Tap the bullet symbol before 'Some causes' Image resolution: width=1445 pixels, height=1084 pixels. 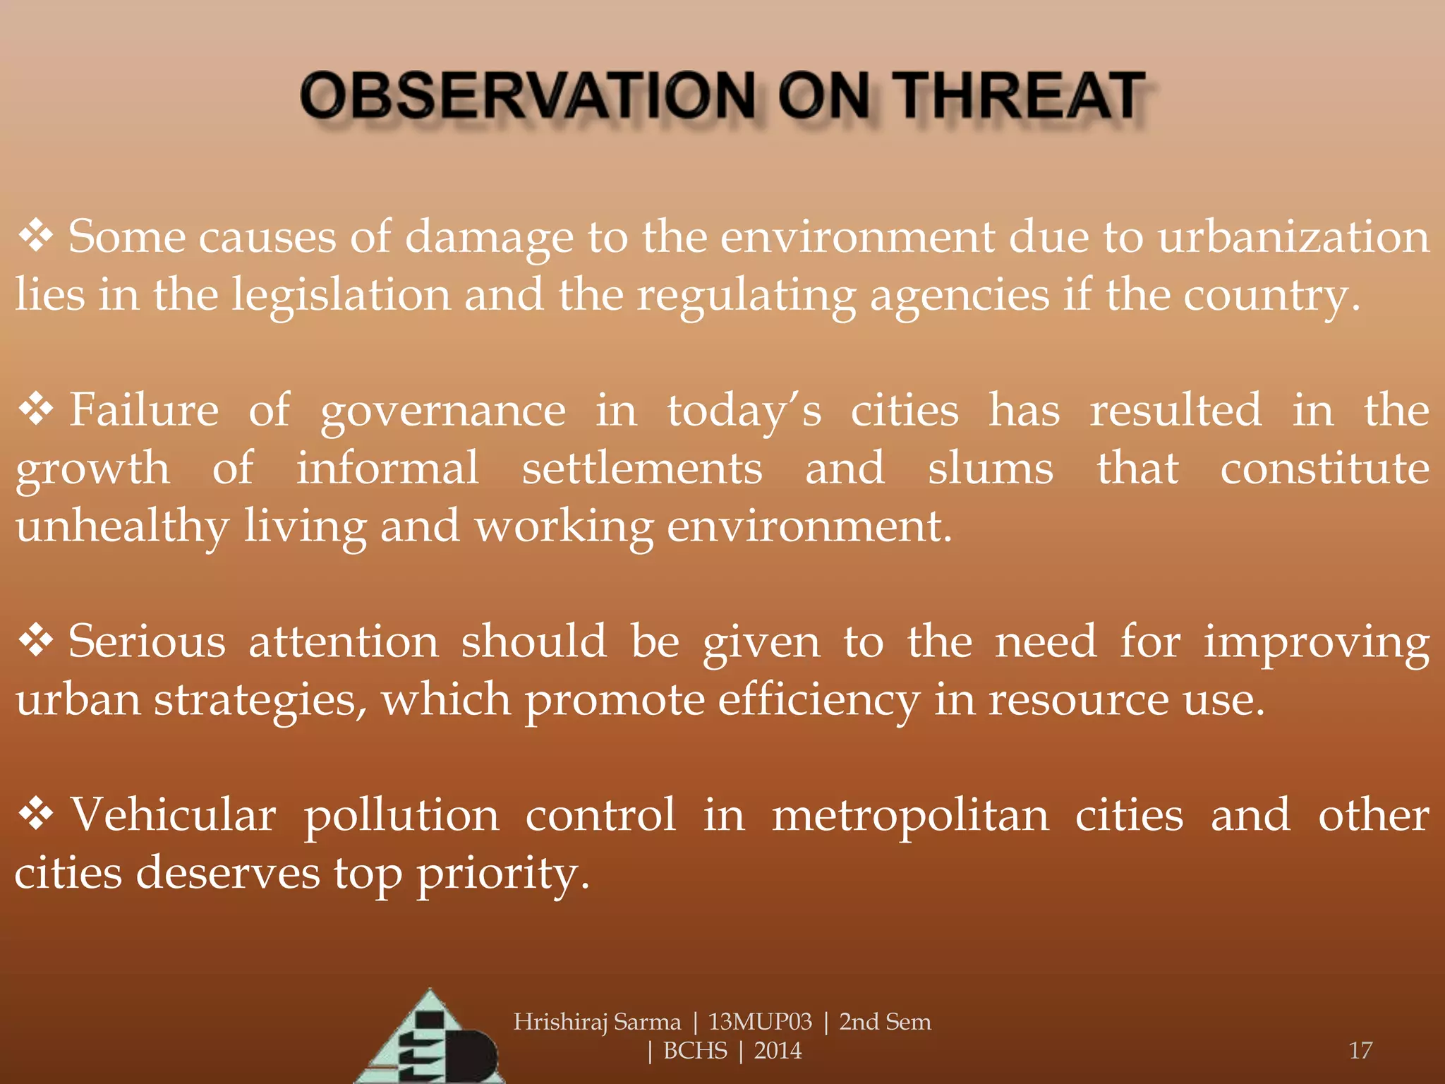tap(36, 236)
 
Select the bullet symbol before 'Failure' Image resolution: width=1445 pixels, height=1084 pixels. tap(36, 410)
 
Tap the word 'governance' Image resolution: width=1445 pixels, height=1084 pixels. tap(443, 411)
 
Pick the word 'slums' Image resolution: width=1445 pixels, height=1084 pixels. tap(991, 469)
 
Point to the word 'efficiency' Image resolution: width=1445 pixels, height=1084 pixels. tap(819, 701)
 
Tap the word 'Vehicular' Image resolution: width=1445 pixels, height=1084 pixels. tap(173, 816)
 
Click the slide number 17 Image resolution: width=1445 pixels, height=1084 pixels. tap(1360, 1050)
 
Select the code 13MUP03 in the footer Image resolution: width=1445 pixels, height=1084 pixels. tap(760, 1022)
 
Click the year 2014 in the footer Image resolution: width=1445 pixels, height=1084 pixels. tap(778, 1051)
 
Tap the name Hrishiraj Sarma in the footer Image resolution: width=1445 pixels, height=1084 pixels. tap(597, 1022)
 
